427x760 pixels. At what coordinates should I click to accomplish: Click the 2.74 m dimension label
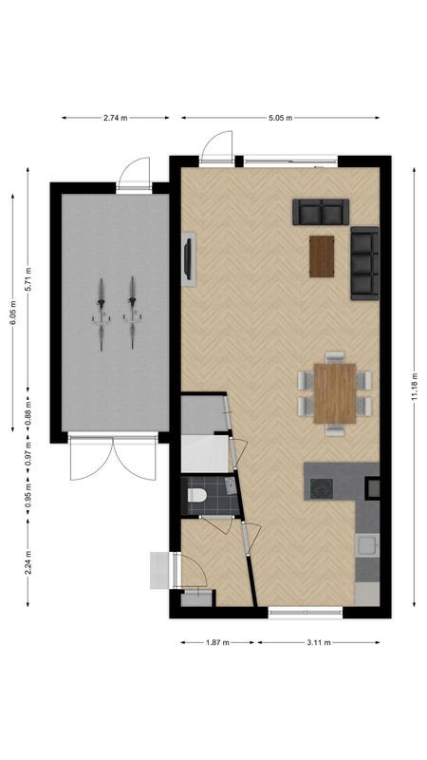tap(116, 118)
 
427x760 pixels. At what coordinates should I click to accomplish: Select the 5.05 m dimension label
tap(279, 118)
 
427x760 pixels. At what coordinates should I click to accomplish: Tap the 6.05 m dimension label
tap(13, 310)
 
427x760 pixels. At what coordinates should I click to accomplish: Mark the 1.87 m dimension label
tap(217, 642)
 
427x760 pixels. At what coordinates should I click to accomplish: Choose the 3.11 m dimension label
tap(319, 642)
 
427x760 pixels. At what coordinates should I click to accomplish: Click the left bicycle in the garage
tap(100, 313)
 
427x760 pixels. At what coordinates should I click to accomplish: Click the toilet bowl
tap(196, 495)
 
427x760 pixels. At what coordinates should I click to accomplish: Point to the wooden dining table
tap(335, 392)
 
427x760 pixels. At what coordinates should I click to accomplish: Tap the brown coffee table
tap(323, 255)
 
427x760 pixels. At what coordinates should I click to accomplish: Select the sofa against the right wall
tap(364, 264)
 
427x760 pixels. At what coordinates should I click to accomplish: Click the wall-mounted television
tap(189, 258)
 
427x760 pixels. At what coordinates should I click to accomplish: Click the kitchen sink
tap(366, 546)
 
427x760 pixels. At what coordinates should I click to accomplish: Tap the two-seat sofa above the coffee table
tap(321, 212)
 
